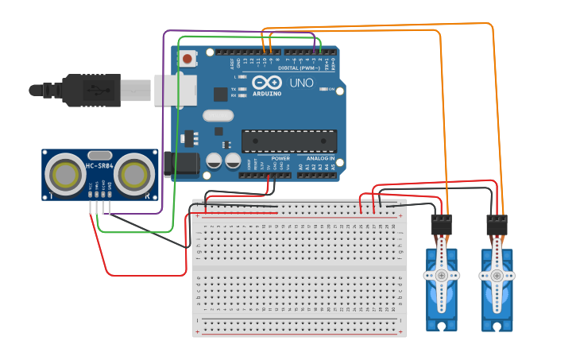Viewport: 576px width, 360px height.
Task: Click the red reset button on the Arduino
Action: tap(187, 59)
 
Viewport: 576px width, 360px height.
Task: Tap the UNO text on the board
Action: tap(301, 83)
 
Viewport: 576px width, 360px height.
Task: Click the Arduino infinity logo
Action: tap(267, 82)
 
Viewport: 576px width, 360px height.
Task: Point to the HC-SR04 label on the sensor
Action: tap(99, 166)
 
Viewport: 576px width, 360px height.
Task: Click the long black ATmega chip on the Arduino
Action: tap(289, 141)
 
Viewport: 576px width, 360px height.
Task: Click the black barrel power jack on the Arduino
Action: tap(185, 163)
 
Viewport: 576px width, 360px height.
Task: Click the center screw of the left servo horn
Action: tap(442, 275)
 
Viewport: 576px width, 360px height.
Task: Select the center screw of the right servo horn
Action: tap(497, 275)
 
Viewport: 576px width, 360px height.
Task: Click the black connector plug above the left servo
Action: tap(441, 224)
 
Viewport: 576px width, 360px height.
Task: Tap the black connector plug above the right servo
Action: tap(497, 224)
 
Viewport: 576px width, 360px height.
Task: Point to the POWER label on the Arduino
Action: tap(280, 158)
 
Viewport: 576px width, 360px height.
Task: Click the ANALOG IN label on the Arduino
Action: tap(321, 158)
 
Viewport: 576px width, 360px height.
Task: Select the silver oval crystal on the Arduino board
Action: tap(218, 115)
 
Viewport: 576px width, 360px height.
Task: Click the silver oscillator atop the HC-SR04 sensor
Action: tap(99, 154)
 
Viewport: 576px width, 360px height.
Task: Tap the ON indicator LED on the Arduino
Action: tap(323, 89)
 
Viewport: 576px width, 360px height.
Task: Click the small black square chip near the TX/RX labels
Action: tap(220, 94)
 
